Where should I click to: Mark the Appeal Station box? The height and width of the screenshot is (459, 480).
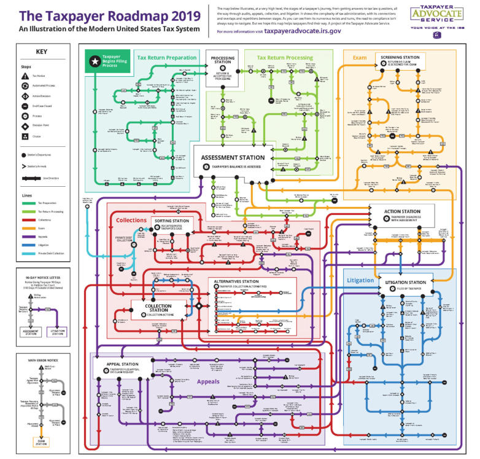[123, 367]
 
